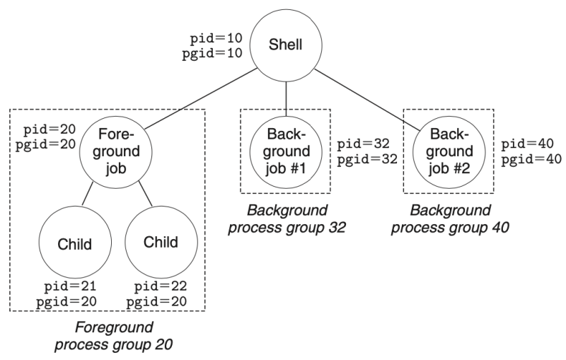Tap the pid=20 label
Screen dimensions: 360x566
click(x=46, y=131)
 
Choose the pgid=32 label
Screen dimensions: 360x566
click(x=362, y=161)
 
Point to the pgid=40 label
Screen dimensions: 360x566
click(x=529, y=159)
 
